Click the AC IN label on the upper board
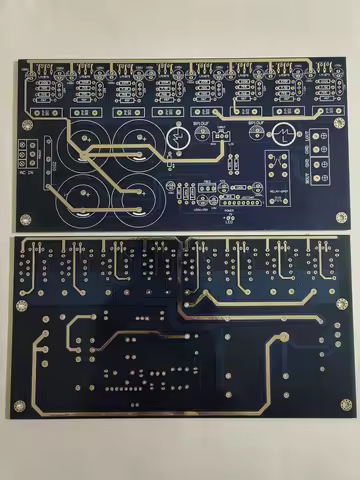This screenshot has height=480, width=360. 25,171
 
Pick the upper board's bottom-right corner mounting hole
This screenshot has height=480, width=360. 341,218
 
